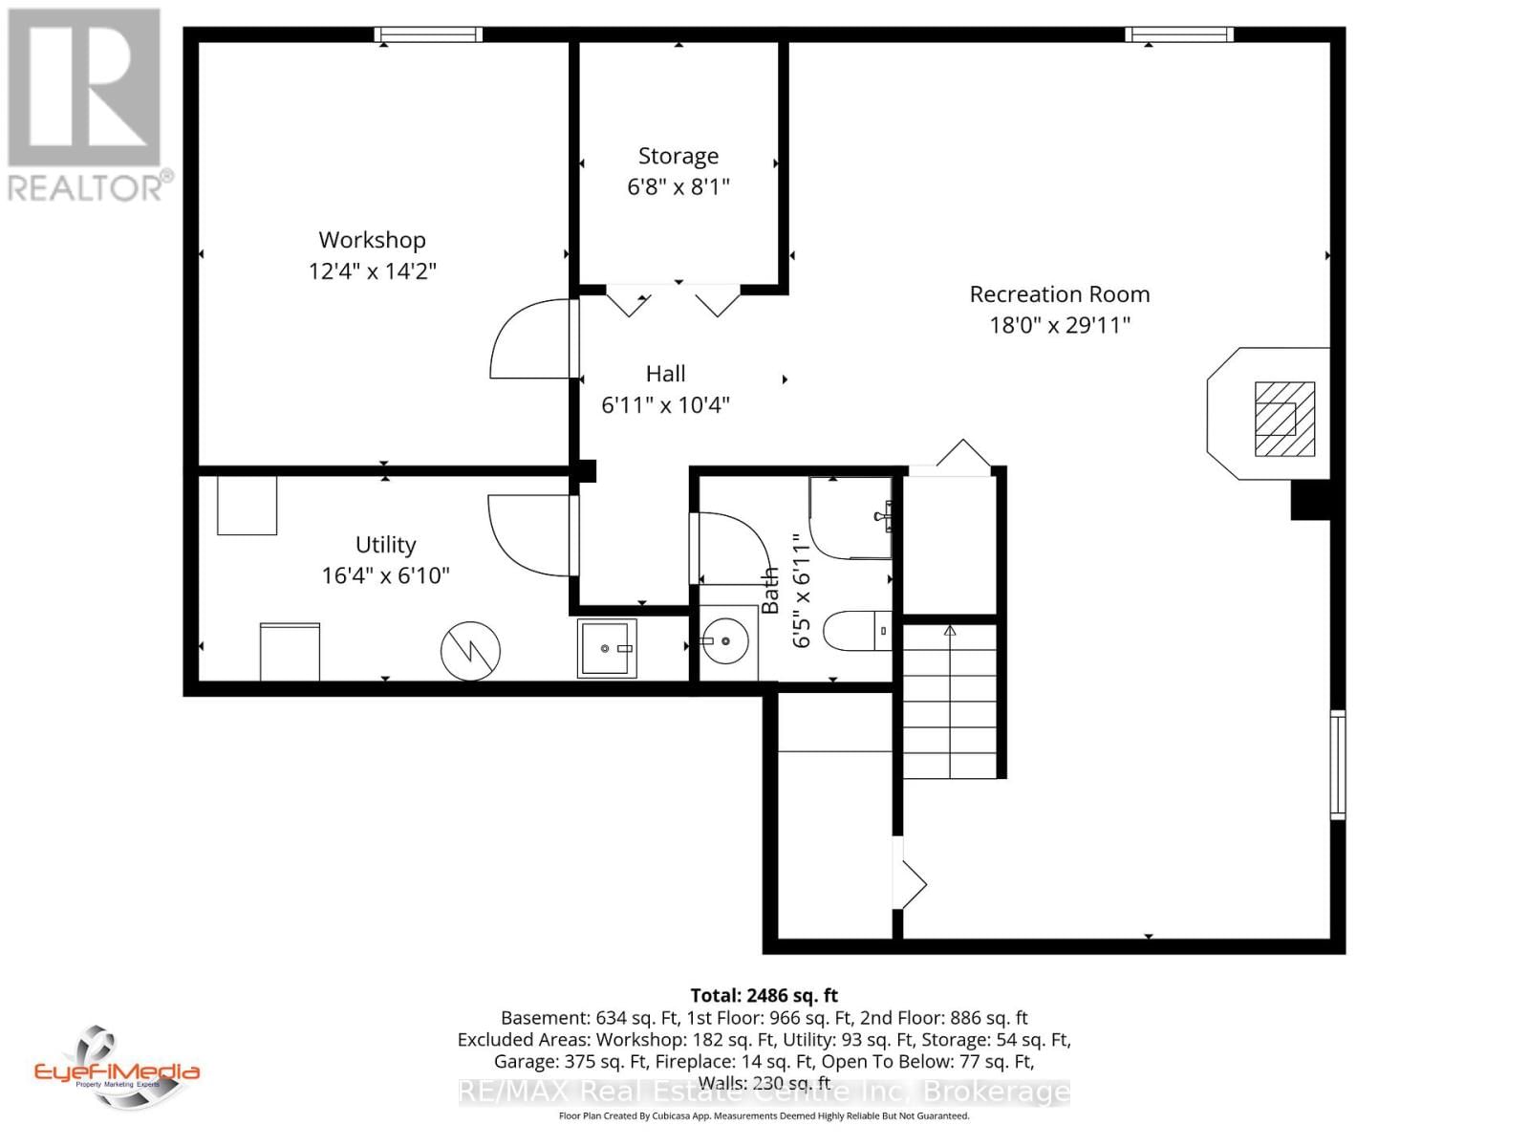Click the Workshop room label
point(372,240)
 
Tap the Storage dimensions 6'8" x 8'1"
point(678,186)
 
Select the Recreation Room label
point(1059,294)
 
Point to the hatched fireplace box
point(1284,419)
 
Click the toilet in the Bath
point(857,631)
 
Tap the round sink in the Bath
point(726,641)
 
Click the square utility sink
point(606,648)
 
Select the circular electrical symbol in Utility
point(470,651)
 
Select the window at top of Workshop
point(427,35)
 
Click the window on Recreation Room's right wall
point(1338,764)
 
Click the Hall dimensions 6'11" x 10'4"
point(665,405)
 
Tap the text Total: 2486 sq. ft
point(764,995)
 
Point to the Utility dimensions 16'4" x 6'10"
point(385,575)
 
